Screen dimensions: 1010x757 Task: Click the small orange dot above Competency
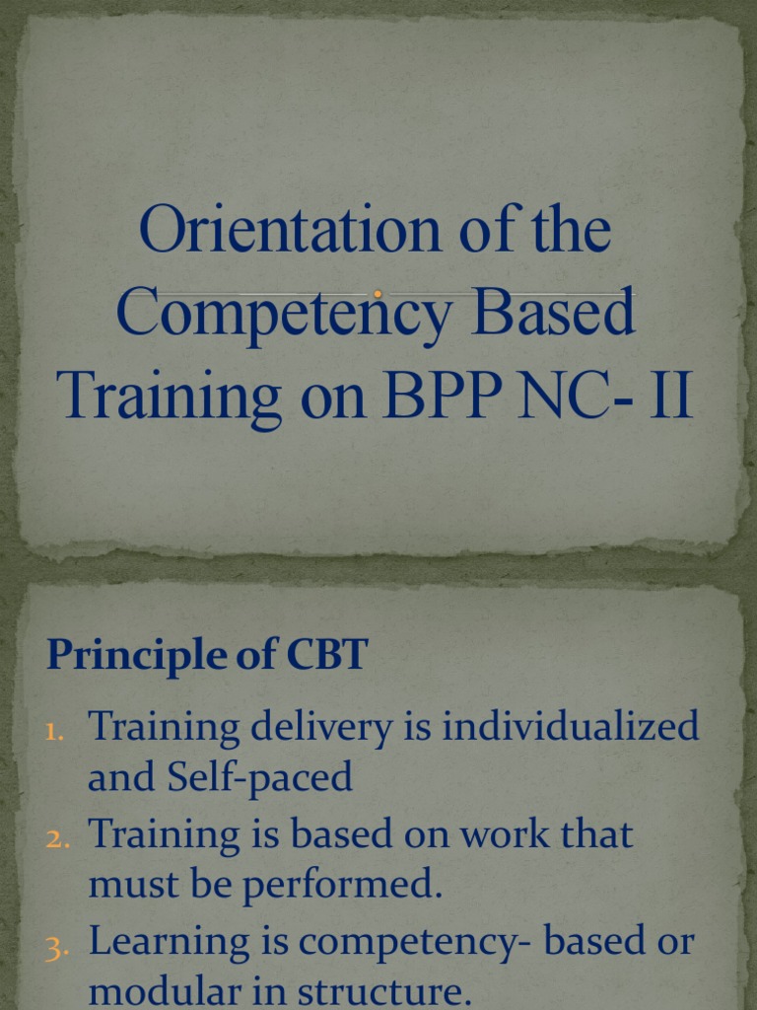point(378,294)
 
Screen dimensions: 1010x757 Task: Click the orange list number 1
point(55,732)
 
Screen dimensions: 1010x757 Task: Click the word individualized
point(571,728)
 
